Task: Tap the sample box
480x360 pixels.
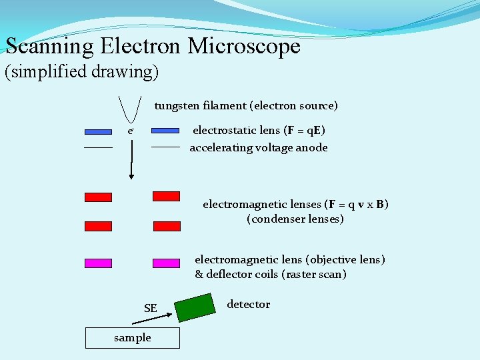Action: click(x=132, y=337)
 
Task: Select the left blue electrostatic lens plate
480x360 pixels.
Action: click(x=98, y=131)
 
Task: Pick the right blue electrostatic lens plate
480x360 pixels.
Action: click(x=166, y=131)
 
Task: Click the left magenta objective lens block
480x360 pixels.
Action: click(x=98, y=263)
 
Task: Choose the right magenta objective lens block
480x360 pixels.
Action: click(x=166, y=263)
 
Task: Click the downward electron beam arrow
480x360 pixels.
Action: click(x=131, y=160)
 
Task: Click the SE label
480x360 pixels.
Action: click(x=151, y=308)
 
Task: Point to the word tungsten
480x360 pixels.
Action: click(x=177, y=105)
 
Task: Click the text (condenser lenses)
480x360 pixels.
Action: click(x=295, y=219)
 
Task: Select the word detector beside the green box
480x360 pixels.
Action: click(x=249, y=304)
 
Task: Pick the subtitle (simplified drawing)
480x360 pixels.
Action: click(x=81, y=71)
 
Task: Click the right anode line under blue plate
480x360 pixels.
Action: click(x=166, y=146)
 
